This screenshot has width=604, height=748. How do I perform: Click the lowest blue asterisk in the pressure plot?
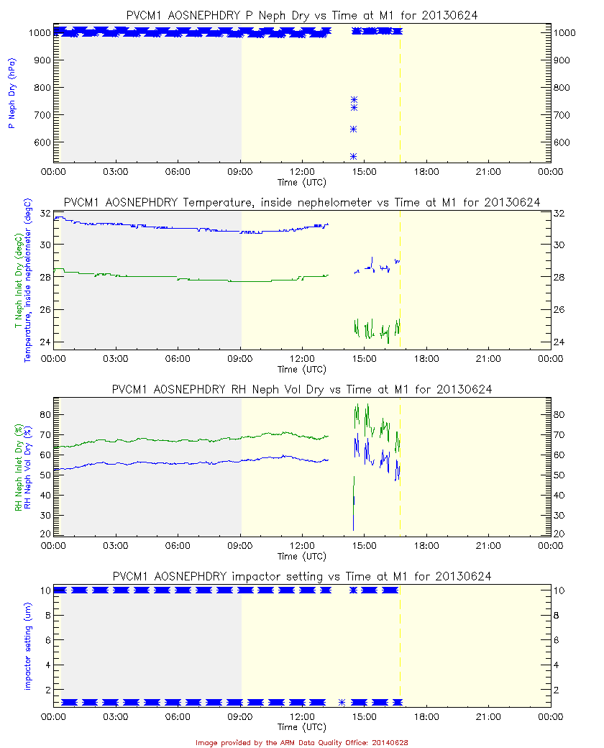click(353, 156)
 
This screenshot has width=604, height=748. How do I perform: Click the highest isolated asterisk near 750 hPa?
click(354, 100)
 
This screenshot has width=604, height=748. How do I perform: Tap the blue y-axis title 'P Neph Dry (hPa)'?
click(12, 94)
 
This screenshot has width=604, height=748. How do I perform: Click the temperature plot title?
click(302, 202)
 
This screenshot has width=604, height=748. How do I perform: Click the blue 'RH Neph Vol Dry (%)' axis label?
click(28, 467)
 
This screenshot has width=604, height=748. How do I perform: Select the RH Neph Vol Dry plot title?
click(302, 390)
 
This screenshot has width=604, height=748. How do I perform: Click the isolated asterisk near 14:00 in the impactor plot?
click(342, 702)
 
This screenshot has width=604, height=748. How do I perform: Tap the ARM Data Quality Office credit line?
click(302, 742)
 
